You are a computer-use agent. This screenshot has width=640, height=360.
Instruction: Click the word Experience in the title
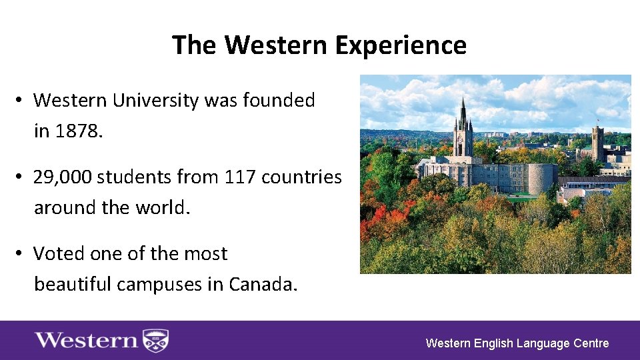click(401, 45)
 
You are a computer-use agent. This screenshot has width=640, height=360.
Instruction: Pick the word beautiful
click(73, 285)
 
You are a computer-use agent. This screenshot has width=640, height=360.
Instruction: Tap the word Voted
click(56, 254)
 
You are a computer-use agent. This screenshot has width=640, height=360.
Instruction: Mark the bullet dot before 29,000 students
click(21, 177)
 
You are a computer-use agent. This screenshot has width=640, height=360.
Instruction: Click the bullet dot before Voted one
click(21, 254)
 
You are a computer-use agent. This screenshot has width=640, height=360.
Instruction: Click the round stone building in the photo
click(539, 179)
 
